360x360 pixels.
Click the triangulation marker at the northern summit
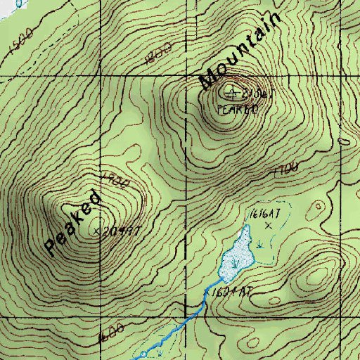[x=232, y=91]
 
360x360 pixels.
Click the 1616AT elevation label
[x=260, y=212]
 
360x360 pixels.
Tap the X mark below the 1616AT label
[x=267, y=226]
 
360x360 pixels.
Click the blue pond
[x=236, y=255]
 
